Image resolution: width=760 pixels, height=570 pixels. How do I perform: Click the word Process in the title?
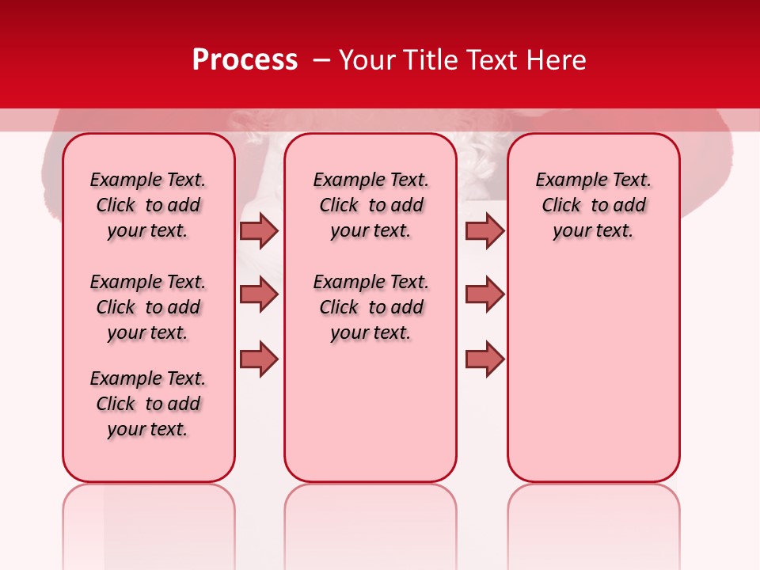pyautogui.click(x=245, y=60)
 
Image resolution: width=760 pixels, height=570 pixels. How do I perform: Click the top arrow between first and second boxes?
pyautogui.click(x=259, y=230)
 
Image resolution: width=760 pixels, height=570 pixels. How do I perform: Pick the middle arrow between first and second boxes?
pyautogui.click(x=259, y=294)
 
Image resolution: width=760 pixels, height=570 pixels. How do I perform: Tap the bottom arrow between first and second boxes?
pyautogui.click(x=259, y=359)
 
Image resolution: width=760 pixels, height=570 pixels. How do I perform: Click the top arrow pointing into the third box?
pyautogui.click(x=484, y=230)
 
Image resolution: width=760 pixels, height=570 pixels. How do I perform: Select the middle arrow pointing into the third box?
pyautogui.click(x=484, y=294)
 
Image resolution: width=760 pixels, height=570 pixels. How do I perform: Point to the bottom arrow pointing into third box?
pyautogui.click(x=484, y=359)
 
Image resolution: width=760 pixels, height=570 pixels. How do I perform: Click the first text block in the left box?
pyautogui.click(x=148, y=205)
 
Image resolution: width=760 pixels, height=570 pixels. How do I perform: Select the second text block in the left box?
pyautogui.click(x=148, y=307)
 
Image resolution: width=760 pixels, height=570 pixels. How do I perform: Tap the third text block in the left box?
pyautogui.click(x=148, y=404)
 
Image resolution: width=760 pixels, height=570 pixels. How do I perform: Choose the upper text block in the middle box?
pyautogui.click(x=370, y=205)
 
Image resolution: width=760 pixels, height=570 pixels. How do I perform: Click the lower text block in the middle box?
pyautogui.click(x=370, y=307)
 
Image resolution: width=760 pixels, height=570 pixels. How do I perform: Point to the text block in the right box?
pyautogui.click(x=594, y=205)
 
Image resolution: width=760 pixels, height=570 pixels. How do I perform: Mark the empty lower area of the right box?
pyautogui.click(x=594, y=364)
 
